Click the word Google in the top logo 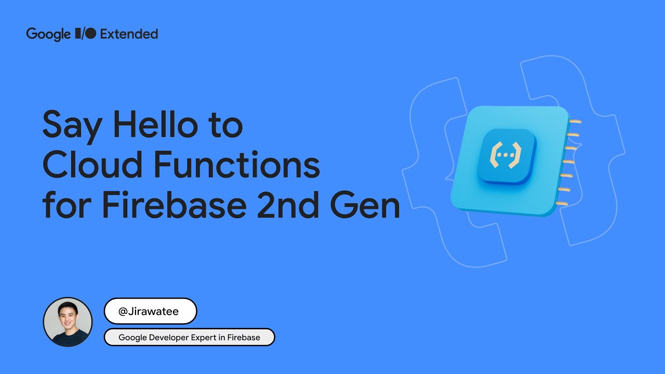coord(48,34)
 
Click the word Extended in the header coord(129,34)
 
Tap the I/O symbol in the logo coord(86,34)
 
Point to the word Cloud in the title coord(89,165)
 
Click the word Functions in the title coord(236,165)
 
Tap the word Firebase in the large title coord(175,205)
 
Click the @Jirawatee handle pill coord(150,312)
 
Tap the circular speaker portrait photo coord(68,322)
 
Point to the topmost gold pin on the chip coord(575,122)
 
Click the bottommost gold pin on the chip coord(563,203)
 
